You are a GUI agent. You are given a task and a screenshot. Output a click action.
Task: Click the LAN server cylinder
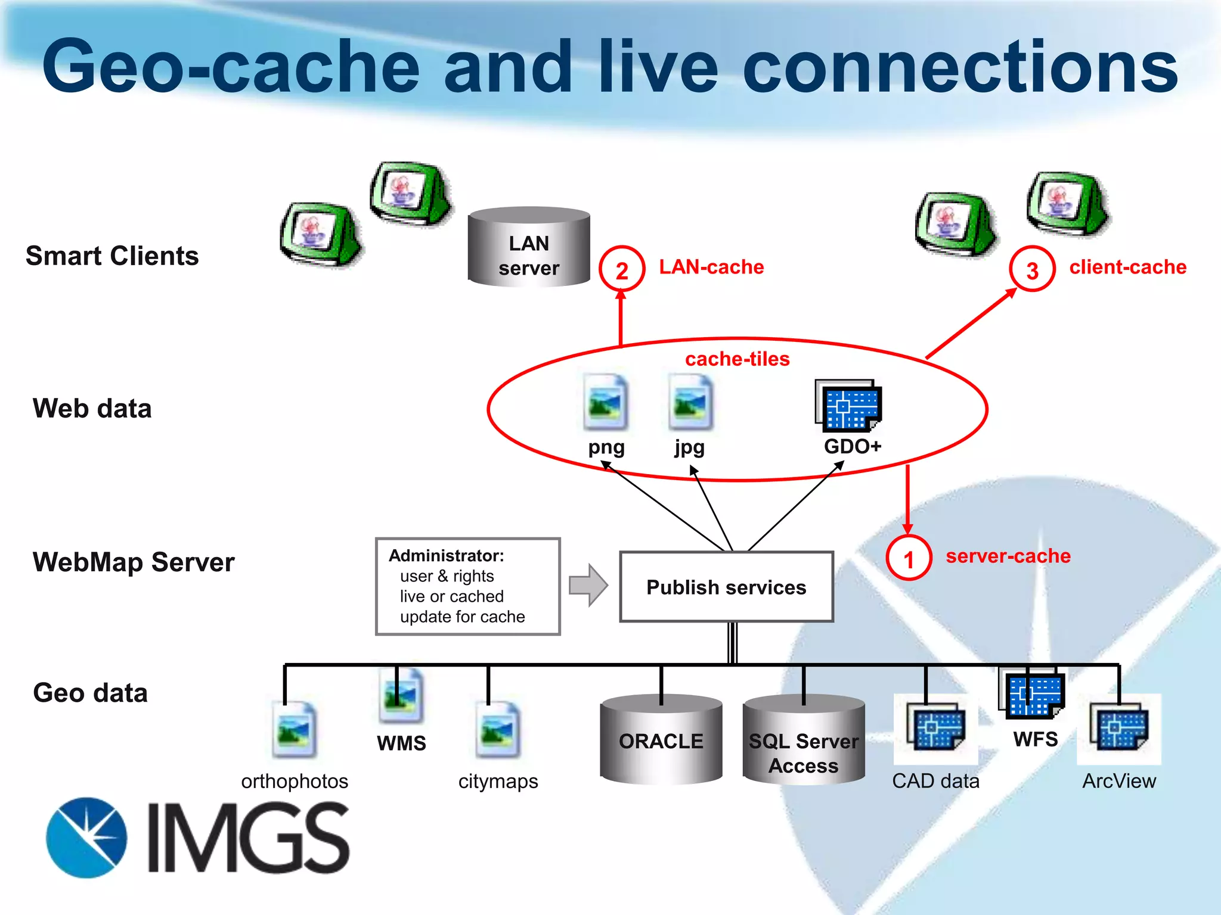point(529,247)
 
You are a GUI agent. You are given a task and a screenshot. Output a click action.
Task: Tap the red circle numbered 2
point(621,269)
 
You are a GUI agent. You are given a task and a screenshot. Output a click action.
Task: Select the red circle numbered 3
point(1032,269)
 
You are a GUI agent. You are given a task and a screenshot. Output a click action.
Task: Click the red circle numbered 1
point(909,558)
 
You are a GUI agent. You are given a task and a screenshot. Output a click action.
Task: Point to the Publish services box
point(726,587)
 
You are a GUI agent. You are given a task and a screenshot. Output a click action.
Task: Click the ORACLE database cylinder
point(661,740)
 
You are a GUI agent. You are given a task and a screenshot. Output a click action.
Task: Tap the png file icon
point(606,403)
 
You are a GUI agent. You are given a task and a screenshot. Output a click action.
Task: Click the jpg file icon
point(690,403)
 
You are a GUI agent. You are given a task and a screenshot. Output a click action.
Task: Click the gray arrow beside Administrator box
point(588,585)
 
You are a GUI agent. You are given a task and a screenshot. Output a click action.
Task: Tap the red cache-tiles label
point(737,359)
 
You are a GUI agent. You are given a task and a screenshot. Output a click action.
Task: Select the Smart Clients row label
point(112,256)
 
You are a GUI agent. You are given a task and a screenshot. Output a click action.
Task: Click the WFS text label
point(1036,739)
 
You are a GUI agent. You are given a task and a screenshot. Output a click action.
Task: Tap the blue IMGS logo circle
point(87,838)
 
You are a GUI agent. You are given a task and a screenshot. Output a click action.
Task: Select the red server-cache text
point(1008,556)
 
